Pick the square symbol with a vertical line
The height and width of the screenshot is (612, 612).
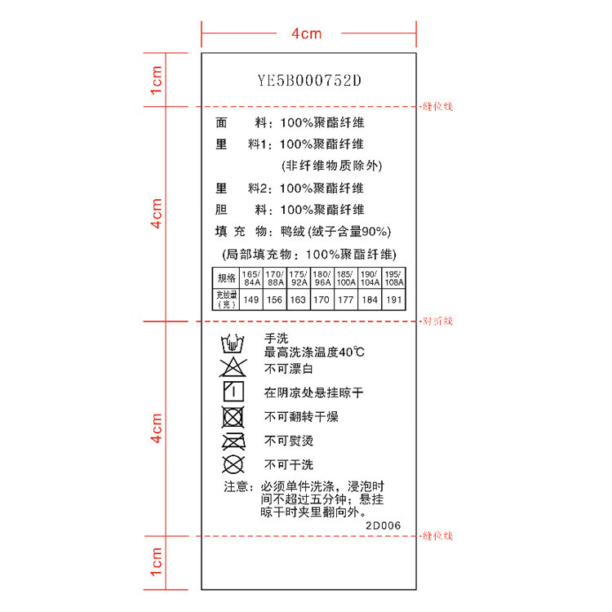point(233,392)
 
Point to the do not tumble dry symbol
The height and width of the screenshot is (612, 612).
point(233,417)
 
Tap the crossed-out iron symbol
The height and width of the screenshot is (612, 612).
point(233,441)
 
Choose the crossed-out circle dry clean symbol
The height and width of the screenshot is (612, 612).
point(233,465)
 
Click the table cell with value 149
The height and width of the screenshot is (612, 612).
point(251,300)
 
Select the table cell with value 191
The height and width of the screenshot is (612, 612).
point(394,300)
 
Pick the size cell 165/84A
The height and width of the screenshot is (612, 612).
point(251,277)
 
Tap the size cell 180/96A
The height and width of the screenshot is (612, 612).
point(322,277)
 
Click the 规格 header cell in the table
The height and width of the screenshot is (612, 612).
point(226,277)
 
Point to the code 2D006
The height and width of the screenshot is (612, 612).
point(383,526)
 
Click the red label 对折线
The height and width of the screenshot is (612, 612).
point(437,322)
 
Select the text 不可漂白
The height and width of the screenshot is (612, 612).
point(289,369)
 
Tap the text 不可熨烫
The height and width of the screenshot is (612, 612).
point(289,441)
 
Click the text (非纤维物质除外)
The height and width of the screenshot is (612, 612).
point(331,166)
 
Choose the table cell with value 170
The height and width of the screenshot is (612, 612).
point(322,300)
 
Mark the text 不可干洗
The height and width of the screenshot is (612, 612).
point(289,465)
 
